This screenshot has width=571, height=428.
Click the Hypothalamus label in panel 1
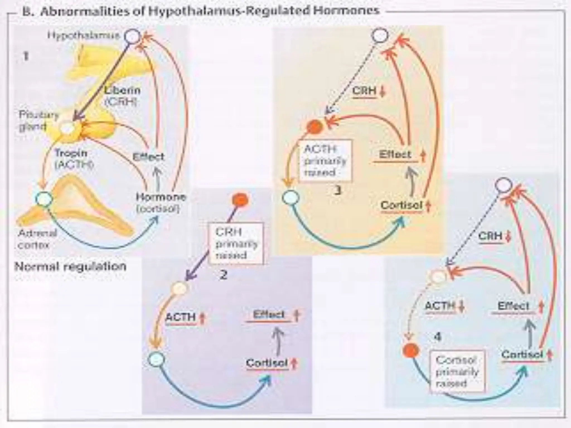tap(83, 36)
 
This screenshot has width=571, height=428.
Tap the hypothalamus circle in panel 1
tap(132, 37)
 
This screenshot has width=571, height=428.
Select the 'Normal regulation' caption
tap(70, 267)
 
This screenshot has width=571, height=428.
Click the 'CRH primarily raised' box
tap(236, 243)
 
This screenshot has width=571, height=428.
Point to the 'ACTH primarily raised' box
tap(325, 161)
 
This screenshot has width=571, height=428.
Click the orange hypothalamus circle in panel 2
tap(240, 200)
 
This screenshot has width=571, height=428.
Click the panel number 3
tap(338, 191)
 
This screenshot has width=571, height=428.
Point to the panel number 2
tap(223, 275)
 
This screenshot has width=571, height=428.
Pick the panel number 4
tap(438, 337)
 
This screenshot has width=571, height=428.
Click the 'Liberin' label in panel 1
tap(122, 90)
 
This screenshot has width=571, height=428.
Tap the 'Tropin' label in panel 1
tap(71, 153)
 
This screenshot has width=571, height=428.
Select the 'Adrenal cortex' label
tap(37, 239)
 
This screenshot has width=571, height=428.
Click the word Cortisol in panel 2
tap(267, 363)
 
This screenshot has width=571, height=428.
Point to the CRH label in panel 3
tap(364, 91)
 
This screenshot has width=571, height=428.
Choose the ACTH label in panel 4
tap(440, 306)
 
